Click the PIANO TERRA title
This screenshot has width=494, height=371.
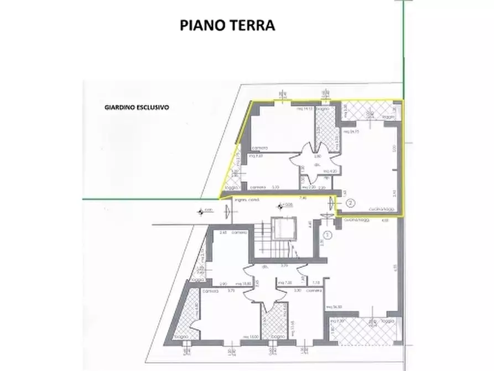[x=227, y=25]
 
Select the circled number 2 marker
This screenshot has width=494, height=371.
[x=350, y=203]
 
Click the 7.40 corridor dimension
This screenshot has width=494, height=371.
[x=303, y=197]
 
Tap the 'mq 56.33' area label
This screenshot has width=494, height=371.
[x=334, y=307]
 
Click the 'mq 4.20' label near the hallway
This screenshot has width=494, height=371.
[x=331, y=171]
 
